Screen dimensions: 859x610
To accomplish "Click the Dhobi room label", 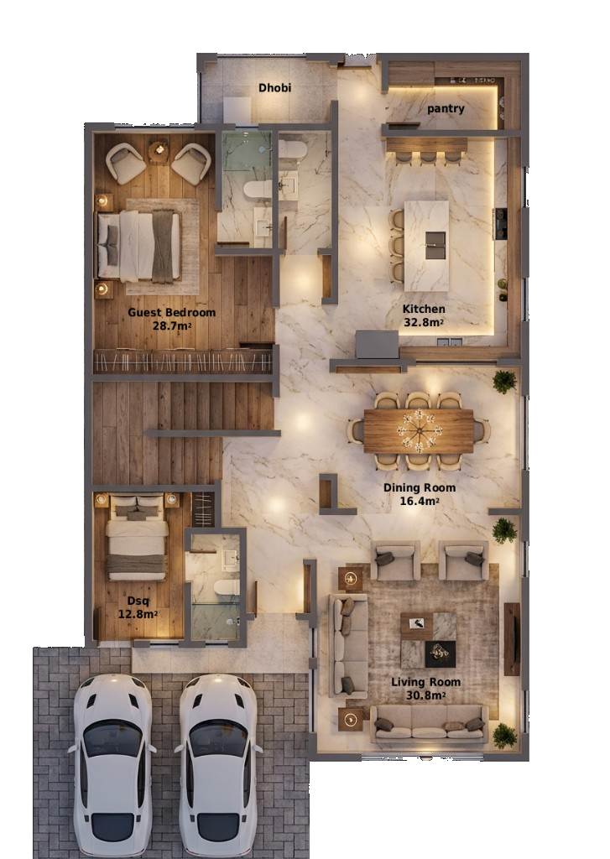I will (274, 87).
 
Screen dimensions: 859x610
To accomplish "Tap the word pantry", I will (446, 108).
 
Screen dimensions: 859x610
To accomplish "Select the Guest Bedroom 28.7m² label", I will (171, 318).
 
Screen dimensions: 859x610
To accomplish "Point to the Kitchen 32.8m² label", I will (424, 315).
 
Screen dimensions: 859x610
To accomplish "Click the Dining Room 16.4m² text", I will (420, 494).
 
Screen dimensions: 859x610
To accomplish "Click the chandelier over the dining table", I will (419, 430).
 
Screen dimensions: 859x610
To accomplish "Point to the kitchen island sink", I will (435, 244).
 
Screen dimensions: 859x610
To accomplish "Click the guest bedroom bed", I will (139, 245).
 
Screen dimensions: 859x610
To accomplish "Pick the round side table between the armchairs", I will (159, 151).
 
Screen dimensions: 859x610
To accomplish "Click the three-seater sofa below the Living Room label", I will (430, 723).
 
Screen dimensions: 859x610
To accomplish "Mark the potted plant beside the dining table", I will (504, 382).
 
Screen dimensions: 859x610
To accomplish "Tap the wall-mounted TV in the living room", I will (511, 638).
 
